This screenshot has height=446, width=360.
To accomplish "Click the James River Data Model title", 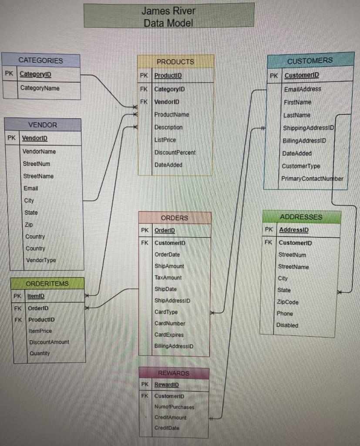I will [x=169, y=16].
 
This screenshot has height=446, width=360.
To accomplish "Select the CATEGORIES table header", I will [x=40, y=60].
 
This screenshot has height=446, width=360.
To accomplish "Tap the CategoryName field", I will [x=40, y=88].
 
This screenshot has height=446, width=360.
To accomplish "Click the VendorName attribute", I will [x=39, y=151].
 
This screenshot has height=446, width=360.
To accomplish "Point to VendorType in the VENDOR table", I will [x=40, y=260].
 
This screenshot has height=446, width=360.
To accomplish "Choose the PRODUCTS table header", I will [x=175, y=62].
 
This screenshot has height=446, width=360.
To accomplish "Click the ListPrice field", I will [x=165, y=140].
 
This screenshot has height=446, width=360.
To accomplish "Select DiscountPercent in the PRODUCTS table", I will [x=175, y=152].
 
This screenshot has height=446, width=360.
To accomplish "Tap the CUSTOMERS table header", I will [x=310, y=61].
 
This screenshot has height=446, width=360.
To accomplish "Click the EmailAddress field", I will [x=302, y=89].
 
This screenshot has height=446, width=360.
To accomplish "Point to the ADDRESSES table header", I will [x=301, y=217].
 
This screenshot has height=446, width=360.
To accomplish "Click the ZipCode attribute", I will [x=288, y=302].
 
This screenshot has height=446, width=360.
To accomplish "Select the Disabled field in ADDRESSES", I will [x=287, y=325].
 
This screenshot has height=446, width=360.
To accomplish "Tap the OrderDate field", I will [x=167, y=254].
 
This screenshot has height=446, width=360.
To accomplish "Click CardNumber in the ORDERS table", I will [x=170, y=323].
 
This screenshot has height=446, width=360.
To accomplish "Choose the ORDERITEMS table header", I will [x=47, y=284].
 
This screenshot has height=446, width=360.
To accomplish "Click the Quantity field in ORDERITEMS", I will [x=40, y=353].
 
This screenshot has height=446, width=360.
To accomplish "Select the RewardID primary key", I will [x=166, y=385].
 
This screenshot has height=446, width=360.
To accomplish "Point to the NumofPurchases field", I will [x=174, y=407].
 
